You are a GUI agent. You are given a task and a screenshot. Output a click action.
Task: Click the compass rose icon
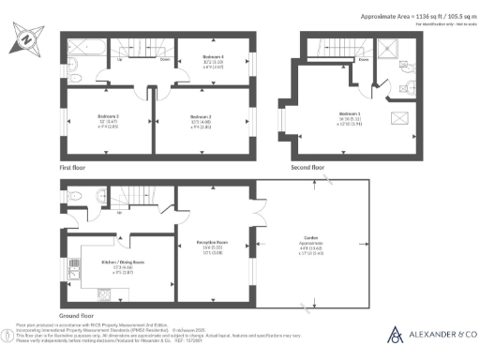click(25, 41)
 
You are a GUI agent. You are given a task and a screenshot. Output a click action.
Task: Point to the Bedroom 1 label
click(352, 114)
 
